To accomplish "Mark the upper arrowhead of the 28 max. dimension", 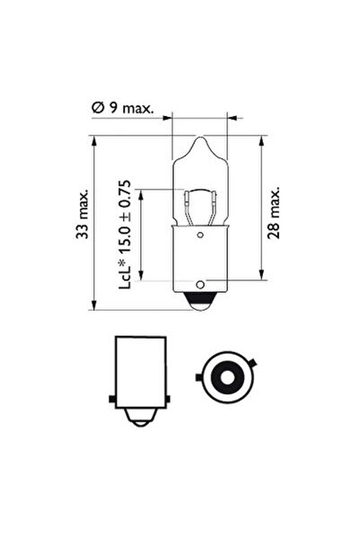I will coord(260,140).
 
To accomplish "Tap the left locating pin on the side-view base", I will coord(109,397).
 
